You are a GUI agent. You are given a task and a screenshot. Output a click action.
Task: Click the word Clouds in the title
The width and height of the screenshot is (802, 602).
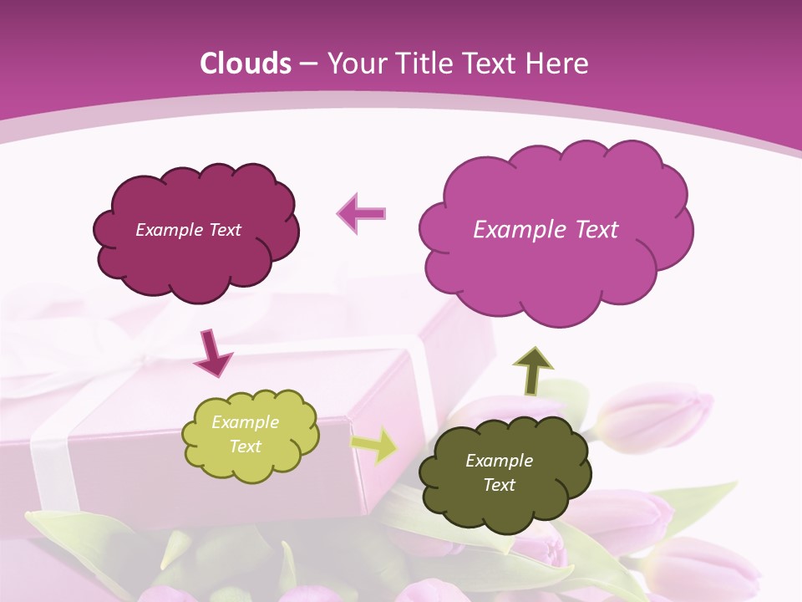point(246,64)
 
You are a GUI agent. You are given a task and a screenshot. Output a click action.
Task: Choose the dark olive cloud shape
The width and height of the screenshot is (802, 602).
point(505,502)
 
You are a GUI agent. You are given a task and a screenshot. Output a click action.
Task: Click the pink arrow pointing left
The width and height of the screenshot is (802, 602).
point(362,213)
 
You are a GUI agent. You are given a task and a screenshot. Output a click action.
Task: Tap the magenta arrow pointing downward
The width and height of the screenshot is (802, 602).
point(212,354)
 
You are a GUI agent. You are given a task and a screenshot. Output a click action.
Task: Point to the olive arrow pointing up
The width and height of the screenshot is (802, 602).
point(532,370)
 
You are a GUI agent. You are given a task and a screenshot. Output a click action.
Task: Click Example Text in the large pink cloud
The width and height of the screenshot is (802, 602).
point(546,230)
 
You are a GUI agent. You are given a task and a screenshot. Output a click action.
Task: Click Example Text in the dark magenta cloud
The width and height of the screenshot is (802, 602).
point(188,230)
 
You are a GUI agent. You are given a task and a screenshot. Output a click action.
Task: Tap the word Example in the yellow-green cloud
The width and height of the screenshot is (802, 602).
point(245,422)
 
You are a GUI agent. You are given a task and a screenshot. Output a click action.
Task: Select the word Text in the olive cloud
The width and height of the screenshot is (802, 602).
point(499,485)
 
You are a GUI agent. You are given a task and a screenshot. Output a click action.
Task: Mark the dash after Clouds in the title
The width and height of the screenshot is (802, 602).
point(307,64)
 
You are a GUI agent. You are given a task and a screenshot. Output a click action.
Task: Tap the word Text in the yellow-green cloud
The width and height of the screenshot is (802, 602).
point(245,446)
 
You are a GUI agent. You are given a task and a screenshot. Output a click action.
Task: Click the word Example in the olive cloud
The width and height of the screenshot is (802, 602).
point(499,461)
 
